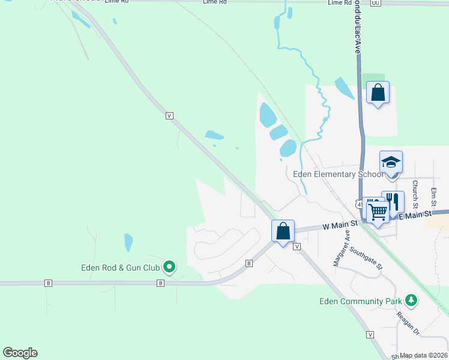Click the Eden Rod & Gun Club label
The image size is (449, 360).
click(x=121, y=268)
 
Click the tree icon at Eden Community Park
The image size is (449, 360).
click(x=411, y=299)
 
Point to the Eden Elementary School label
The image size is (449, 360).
click(x=337, y=174)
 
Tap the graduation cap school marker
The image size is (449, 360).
click(x=391, y=162)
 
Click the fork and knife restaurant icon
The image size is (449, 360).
click(x=393, y=202)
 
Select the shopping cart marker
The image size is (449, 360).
click(x=378, y=211)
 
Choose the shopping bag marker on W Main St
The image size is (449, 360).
click(x=283, y=231)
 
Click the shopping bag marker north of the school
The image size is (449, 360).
click(x=378, y=92)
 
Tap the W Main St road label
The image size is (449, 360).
click(x=340, y=224)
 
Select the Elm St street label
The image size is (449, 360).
click(x=433, y=197)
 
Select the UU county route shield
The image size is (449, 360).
click(x=376, y=3)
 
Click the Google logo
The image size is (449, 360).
click(x=20, y=353)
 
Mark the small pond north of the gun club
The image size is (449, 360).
click(x=128, y=242)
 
